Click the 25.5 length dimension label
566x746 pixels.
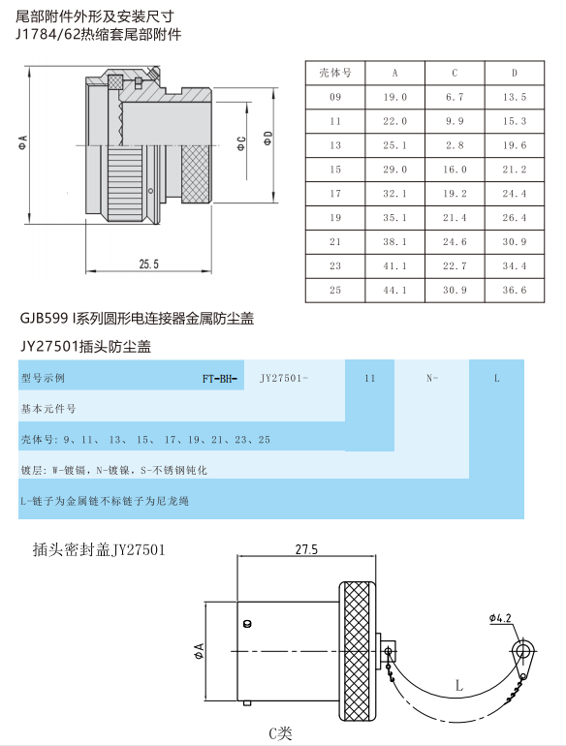149,264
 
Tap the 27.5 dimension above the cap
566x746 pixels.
306,549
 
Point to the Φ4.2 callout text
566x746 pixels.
500,618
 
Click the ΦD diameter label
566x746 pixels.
268,139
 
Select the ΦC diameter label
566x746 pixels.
242,143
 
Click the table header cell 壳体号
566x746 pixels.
335,73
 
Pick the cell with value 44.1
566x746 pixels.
395,291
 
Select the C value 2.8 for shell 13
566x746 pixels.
455,145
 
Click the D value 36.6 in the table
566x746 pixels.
514,291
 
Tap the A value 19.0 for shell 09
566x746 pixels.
395,97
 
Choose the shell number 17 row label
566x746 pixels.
335,194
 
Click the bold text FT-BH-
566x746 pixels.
219,379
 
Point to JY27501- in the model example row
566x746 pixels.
284,378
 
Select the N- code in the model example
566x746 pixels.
432,378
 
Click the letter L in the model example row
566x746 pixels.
496,378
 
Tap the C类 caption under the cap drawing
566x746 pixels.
280,733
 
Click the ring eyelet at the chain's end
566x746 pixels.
523,649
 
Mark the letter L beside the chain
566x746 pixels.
458,686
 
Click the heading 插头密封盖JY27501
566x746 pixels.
99,550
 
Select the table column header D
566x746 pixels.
514,73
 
